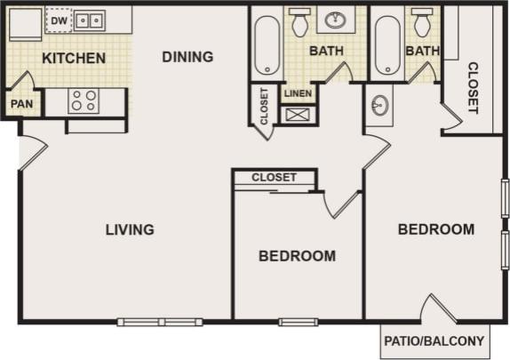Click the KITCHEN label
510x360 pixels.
click(x=74, y=59)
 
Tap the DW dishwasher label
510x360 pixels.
click(x=58, y=19)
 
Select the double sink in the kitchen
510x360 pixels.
click(x=87, y=20)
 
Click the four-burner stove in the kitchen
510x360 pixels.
click(x=84, y=101)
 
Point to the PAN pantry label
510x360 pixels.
click(x=21, y=103)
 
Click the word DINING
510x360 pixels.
click(x=187, y=57)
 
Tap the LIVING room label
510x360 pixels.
click(x=130, y=229)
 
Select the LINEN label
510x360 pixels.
click(x=296, y=92)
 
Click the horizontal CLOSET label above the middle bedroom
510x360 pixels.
click(x=274, y=177)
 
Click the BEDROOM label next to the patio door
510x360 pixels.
click(x=435, y=229)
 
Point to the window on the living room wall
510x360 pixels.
click(x=159, y=321)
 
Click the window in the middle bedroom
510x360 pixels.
click(x=298, y=321)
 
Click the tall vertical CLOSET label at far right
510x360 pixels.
click(x=473, y=87)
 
